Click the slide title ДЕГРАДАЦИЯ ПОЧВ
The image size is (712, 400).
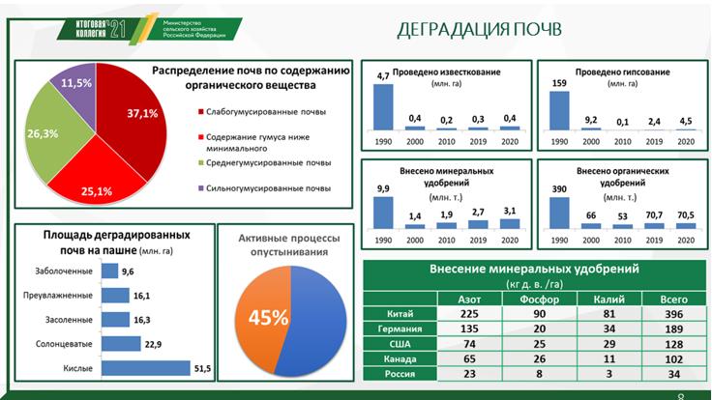point(479,29)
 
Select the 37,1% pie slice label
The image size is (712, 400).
point(140,113)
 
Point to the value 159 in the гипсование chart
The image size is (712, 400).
point(559,81)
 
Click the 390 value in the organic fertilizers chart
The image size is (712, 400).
point(560,188)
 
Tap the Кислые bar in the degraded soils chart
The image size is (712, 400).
point(145,367)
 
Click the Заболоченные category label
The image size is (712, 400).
point(61,271)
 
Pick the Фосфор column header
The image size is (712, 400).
point(539,300)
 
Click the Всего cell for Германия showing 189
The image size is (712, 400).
point(675,329)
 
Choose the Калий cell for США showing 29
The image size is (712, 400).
point(608,343)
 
